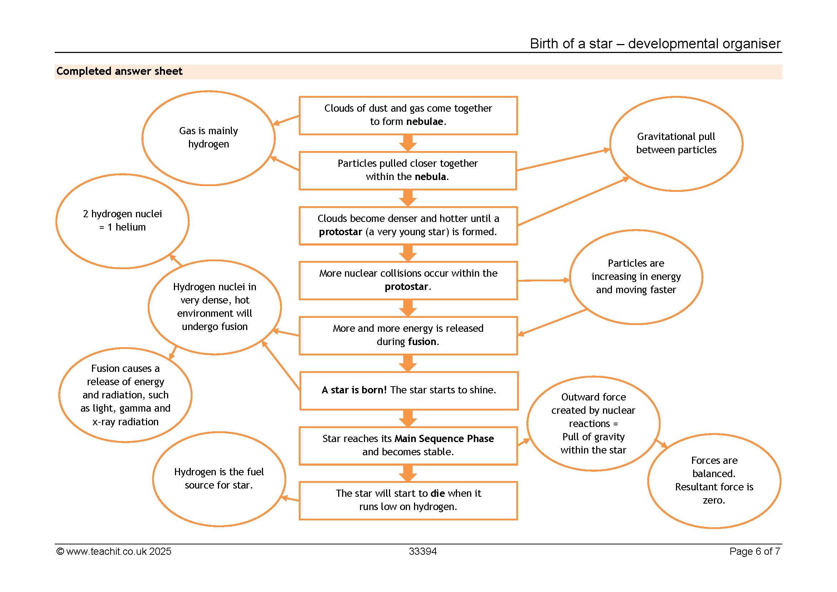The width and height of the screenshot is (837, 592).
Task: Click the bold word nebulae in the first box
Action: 425,121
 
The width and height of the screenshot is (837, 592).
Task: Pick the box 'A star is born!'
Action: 409,373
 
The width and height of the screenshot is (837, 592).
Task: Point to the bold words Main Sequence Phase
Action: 444,438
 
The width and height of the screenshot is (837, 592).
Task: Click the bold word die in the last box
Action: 437,493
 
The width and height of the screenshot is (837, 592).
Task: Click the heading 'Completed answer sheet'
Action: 119,71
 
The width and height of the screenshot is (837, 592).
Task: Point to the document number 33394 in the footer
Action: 423,552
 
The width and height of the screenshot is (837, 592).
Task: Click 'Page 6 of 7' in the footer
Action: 755,552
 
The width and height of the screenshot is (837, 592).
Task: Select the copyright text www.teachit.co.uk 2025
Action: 114,552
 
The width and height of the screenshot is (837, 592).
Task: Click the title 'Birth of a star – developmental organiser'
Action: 655,43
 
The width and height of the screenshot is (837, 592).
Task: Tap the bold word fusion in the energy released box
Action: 422,341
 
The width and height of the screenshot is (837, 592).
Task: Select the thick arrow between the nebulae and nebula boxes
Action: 408,143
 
